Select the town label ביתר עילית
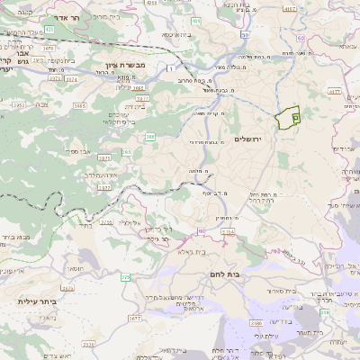(37, 301)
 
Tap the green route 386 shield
(149, 136)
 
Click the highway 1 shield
(171, 67)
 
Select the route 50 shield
(200, 232)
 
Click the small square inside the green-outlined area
(297, 117)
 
